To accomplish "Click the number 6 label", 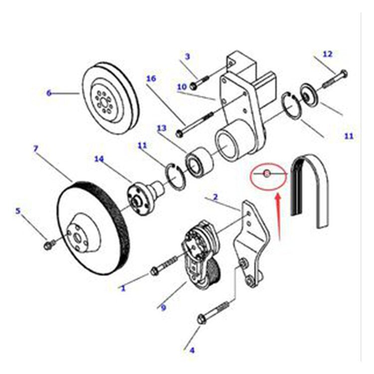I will pyautogui.click(x=49, y=93).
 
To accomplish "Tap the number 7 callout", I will pyautogui.click(x=35, y=148).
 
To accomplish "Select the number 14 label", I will pyautogui.click(x=99, y=159).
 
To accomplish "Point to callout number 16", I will pyautogui.click(x=151, y=78).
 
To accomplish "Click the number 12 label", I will pyautogui.click(x=327, y=53).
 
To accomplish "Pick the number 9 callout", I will pyautogui.click(x=163, y=308).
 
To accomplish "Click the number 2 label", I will pyautogui.click(x=215, y=197).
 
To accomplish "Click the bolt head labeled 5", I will pyautogui.click(x=49, y=245).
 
